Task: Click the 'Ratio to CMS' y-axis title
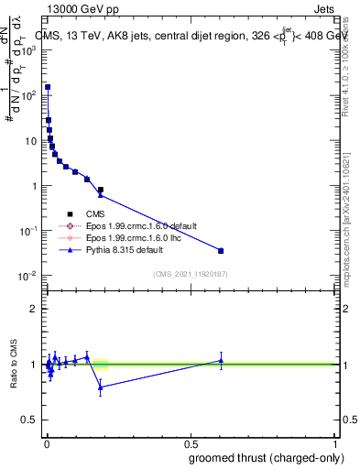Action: click(13, 365)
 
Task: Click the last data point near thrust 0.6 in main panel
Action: click(221, 250)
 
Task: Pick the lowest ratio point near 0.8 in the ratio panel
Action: click(101, 387)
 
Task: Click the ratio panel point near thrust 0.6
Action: click(221, 360)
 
